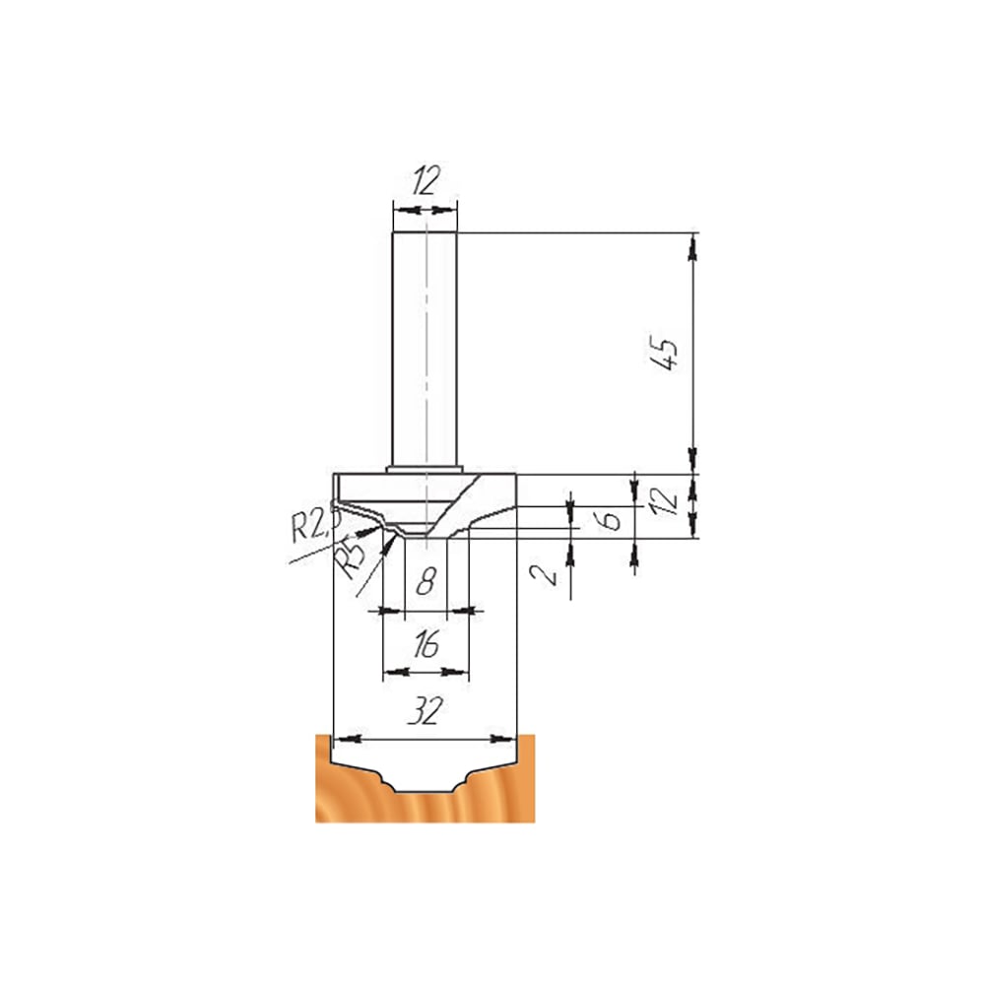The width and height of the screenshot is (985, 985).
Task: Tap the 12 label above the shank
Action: click(426, 180)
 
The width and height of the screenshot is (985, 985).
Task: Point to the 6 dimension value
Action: click(611, 520)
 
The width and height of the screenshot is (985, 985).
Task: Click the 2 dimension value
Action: click(544, 574)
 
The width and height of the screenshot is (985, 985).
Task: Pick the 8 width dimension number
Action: click(426, 582)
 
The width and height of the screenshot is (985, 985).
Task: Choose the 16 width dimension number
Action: click(426, 645)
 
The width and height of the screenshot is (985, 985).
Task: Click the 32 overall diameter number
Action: click(426, 711)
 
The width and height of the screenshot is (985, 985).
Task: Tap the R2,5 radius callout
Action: click(315, 525)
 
